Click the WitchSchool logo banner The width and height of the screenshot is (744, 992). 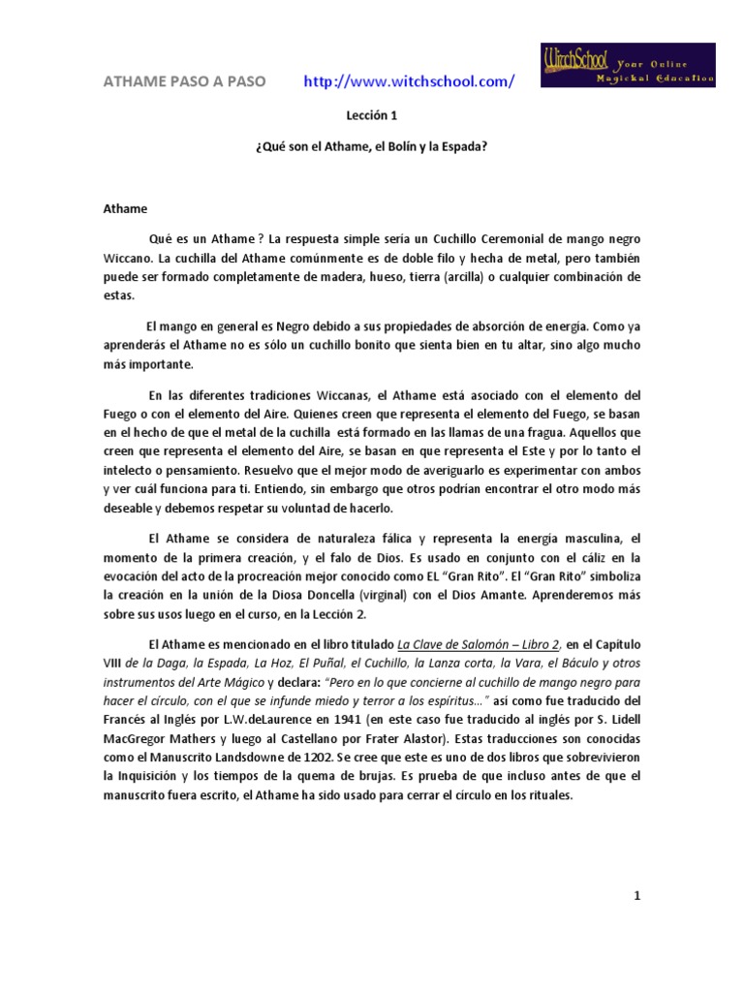pos(626,65)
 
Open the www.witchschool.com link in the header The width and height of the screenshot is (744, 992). pos(409,82)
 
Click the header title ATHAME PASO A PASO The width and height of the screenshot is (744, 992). pos(184,82)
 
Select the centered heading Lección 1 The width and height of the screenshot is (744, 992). pos(371,115)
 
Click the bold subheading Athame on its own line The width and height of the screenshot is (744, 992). pos(127,207)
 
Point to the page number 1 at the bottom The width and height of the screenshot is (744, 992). pos(637,897)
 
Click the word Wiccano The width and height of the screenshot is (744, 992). pos(130,259)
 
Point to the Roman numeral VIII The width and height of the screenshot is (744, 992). pos(115,664)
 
